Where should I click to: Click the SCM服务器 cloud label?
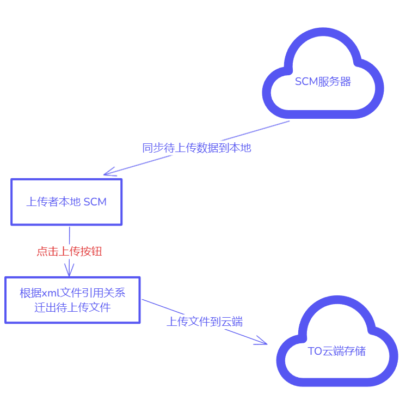[x=323, y=82]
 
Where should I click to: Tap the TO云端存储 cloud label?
[x=336, y=352]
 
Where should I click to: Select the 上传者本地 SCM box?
[x=66, y=202]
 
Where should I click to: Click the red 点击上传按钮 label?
[x=69, y=251]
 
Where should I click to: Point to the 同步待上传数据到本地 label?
[x=196, y=148]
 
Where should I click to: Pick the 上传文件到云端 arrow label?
[x=205, y=322]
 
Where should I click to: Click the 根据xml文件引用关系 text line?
[x=72, y=293]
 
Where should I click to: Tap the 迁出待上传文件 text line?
[x=72, y=307]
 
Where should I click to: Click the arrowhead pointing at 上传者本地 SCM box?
[x=107, y=174]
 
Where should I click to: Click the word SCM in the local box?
[x=95, y=202]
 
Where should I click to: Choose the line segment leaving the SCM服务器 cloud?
[x=256, y=131]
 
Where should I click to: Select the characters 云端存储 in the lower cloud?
[x=344, y=352]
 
